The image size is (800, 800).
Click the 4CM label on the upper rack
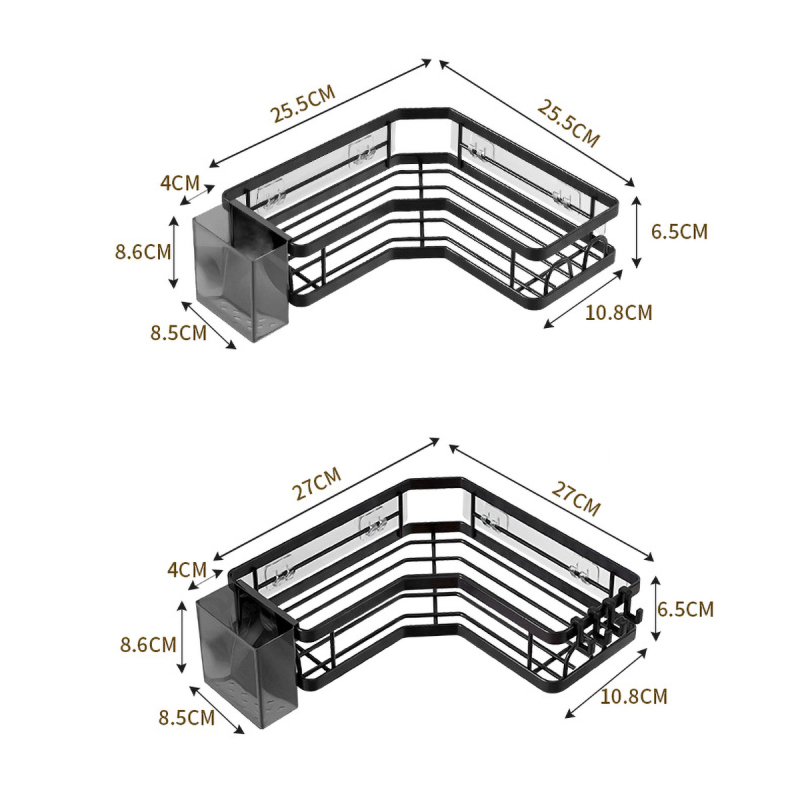(180, 183)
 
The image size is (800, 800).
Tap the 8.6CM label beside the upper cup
(143, 252)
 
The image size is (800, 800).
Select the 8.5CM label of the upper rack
(179, 333)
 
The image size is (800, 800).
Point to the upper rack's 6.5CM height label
(679, 232)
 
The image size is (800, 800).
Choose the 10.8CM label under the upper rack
(618, 312)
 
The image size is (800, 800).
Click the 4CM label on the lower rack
(187, 569)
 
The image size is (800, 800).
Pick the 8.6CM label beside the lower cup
(148, 645)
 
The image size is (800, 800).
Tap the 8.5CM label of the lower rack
(187, 718)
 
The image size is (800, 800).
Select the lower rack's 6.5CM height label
(685, 609)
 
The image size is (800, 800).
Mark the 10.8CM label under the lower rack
(634, 696)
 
